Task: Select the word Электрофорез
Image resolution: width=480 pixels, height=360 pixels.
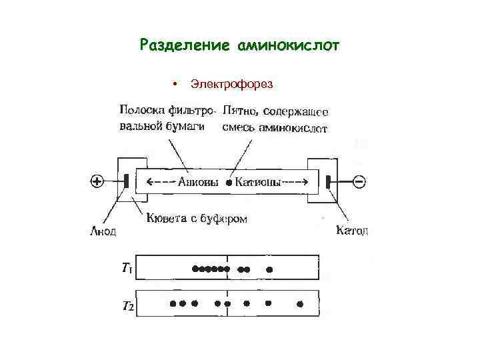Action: [x=231, y=84]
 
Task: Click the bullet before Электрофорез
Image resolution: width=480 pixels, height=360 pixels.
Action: [x=173, y=84]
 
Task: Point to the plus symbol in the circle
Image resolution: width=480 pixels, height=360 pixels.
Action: [x=97, y=181]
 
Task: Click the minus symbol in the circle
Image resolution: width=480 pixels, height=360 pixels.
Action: [x=358, y=181]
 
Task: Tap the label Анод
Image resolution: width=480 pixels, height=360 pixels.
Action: [x=103, y=232]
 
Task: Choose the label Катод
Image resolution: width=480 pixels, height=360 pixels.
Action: [x=352, y=231]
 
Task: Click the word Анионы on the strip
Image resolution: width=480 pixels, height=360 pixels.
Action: [x=199, y=181]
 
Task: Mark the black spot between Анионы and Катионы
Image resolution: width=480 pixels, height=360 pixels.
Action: [x=228, y=181]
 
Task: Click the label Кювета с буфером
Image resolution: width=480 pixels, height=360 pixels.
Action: [x=197, y=218]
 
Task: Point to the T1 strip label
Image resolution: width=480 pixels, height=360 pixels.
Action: [x=127, y=269]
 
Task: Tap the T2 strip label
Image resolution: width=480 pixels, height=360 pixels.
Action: [x=127, y=307]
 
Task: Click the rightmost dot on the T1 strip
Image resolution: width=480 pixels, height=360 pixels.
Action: [x=270, y=270]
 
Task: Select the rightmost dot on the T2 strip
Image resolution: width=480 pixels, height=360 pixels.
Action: [x=300, y=304]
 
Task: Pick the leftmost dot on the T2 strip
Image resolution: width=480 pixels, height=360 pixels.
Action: [x=173, y=303]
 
